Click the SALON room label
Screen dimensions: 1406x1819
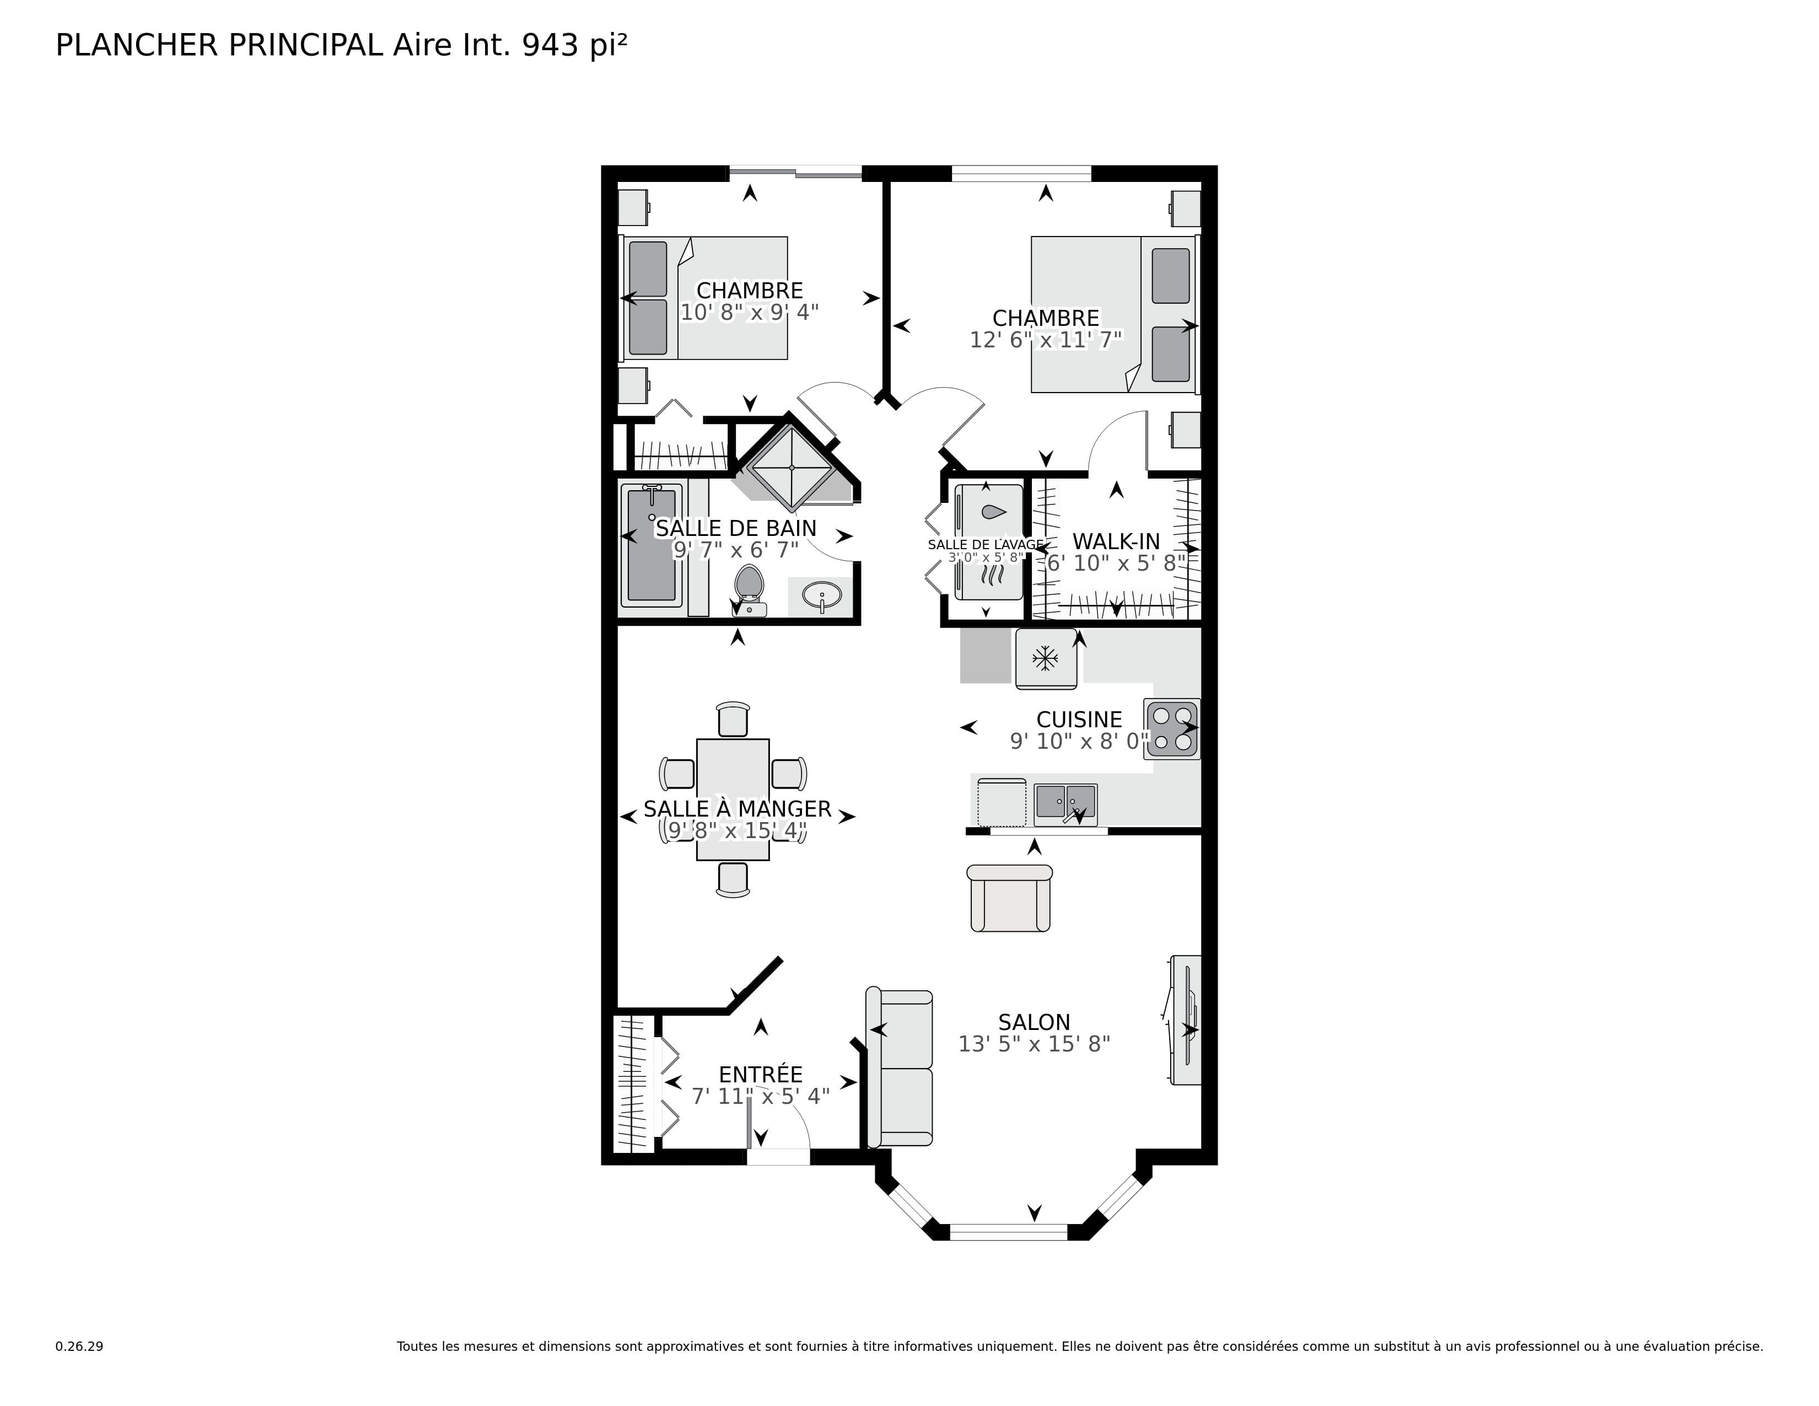pyautogui.click(x=1034, y=1022)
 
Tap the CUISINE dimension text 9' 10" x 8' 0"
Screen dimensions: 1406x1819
pyautogui.click(x=1079, y=741)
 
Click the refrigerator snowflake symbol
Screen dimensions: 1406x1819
pyautogui.click(x=1045, y=659)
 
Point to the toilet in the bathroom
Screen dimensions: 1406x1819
pyautogui.click(x=749, y=590)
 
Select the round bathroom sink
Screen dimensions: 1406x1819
pyautogui.click(x=822, y=597)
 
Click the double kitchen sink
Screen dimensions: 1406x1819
pyautogui.click(x=1065, y=803)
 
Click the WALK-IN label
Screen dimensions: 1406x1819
pyautogui.click(x=1116, y=541)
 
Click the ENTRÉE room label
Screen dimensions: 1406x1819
pyautogui.click(x=761, y=1075)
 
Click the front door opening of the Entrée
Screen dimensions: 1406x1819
pyautogui.click(x=778, y=1156)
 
